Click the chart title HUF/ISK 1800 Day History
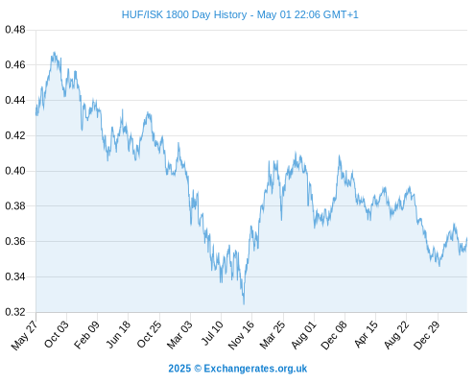[184, 14]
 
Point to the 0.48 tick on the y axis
[15, 30]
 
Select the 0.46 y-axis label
[15, 65]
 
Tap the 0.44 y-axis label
[15, 101]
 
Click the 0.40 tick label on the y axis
[15, 171]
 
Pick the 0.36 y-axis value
[15, 241]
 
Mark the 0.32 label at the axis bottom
[15, 312]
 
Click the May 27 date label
[25, 335]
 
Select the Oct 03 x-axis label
[57, 334]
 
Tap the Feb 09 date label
[86, 335]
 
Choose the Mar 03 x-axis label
[179, 335]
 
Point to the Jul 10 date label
[212, 333]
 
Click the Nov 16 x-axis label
[241, 335]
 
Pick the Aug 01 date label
[304, 335]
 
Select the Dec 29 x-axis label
[427, 335]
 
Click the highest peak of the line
[54, 52]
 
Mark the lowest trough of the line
[244, 304]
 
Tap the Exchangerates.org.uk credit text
[255, 369]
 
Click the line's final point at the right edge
[467, 238]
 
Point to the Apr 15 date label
[366, 334]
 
